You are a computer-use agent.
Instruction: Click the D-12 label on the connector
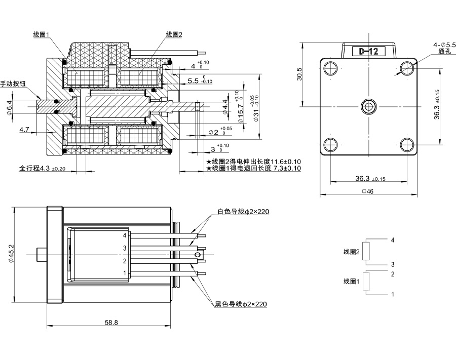tap(368, 51)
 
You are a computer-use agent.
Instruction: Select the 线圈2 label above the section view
tap(174, 34)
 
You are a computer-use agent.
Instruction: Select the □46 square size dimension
tap(368, 192)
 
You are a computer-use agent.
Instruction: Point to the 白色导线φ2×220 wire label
tap(243, 212)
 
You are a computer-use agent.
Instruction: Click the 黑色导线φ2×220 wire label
tap(241, 304)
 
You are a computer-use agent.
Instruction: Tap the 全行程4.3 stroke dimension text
tap(43, 168)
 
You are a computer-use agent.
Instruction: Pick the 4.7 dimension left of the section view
tap(25, 130)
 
